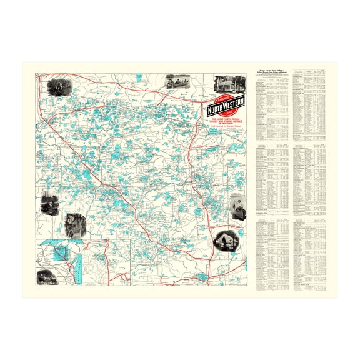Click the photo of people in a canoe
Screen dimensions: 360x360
(x=177, y=82)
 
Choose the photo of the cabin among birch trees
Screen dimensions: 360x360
(x=224, y=84)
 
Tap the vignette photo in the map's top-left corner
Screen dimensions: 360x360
(x=60, y=86)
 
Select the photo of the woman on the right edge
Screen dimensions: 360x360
(x=238, y=206)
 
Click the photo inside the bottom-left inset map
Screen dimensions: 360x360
(x=47, y=276)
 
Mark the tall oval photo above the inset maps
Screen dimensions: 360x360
(x=73, y=224)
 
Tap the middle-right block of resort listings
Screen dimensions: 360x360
(x=310, y=181)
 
